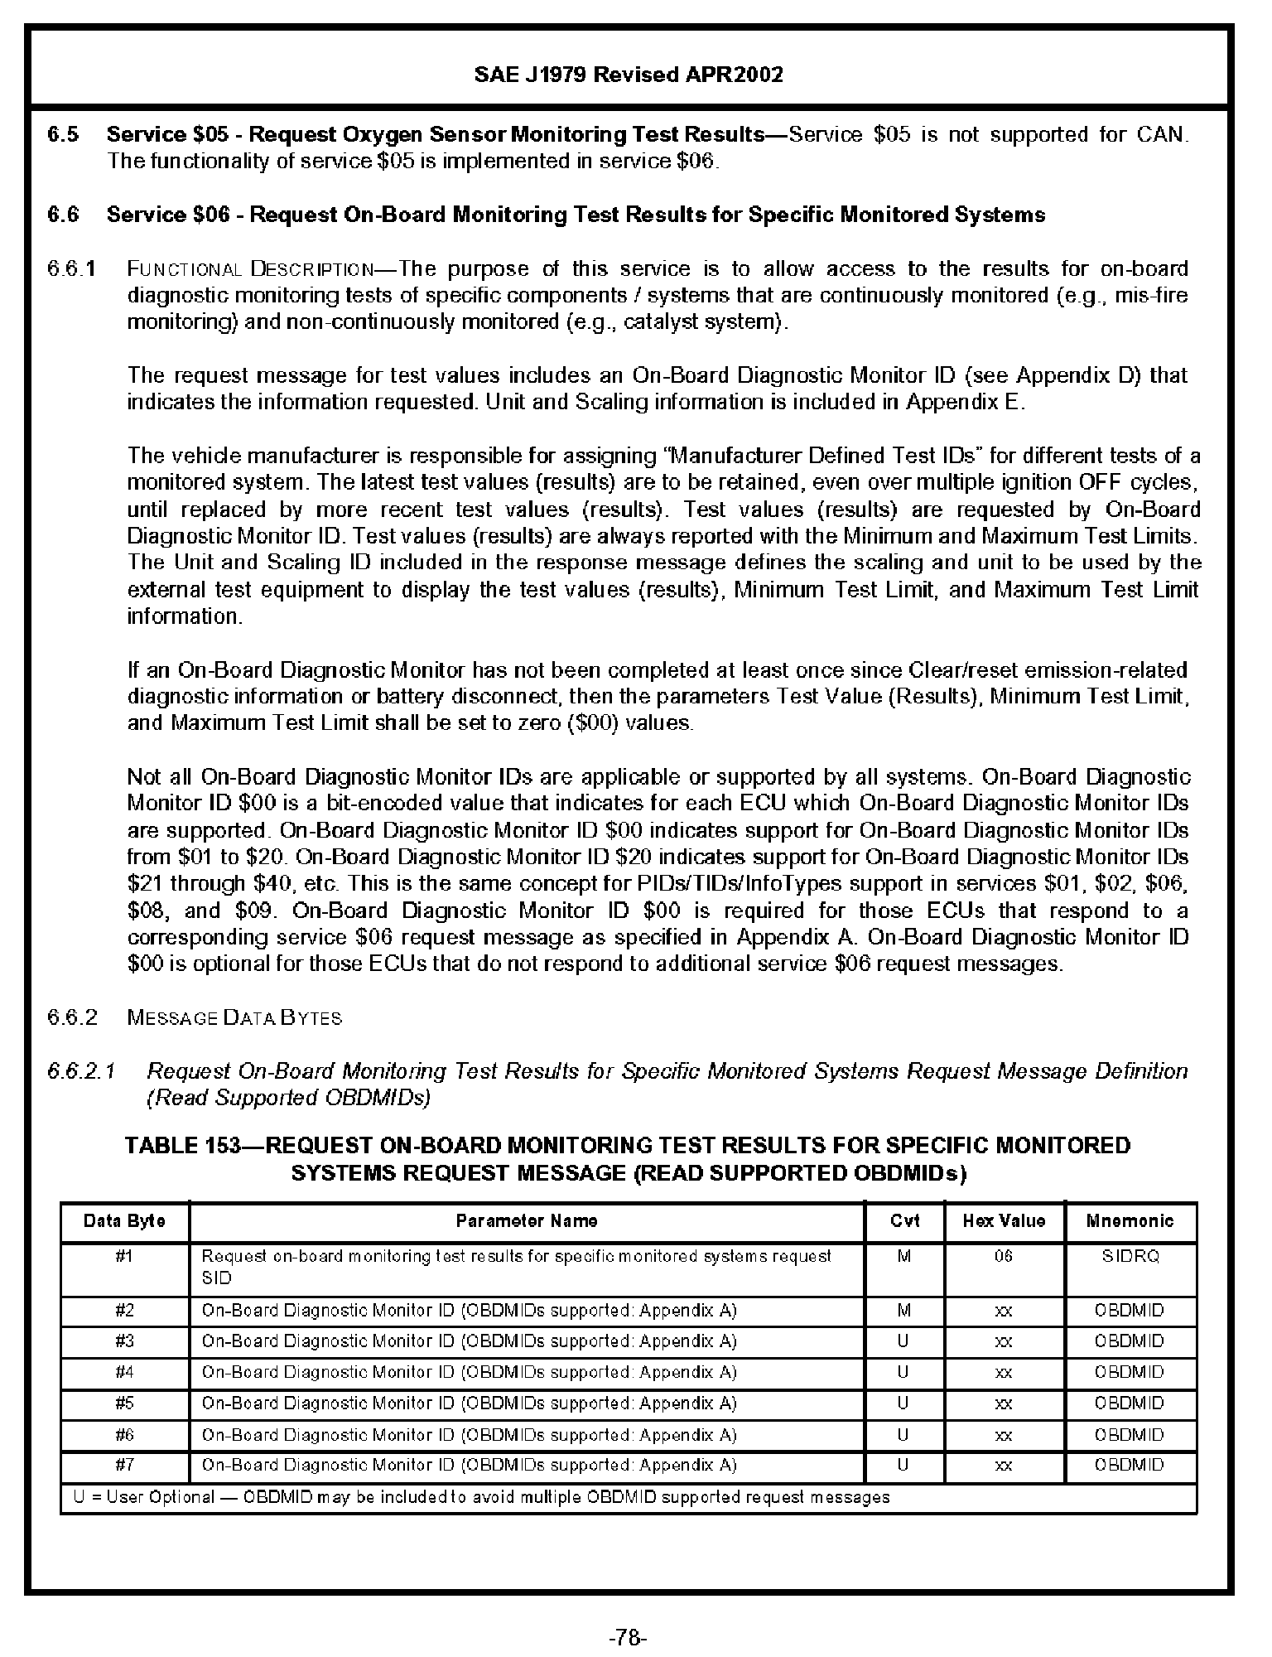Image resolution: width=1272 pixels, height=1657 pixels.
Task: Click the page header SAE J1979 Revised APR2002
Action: (x=629, y=75)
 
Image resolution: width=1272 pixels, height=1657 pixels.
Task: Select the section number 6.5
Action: (x=63, y=135)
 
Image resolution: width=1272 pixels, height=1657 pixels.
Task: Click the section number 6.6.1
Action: (x=72, y=269)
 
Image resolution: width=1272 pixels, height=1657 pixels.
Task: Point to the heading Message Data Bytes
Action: (x=234, y=1017)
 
